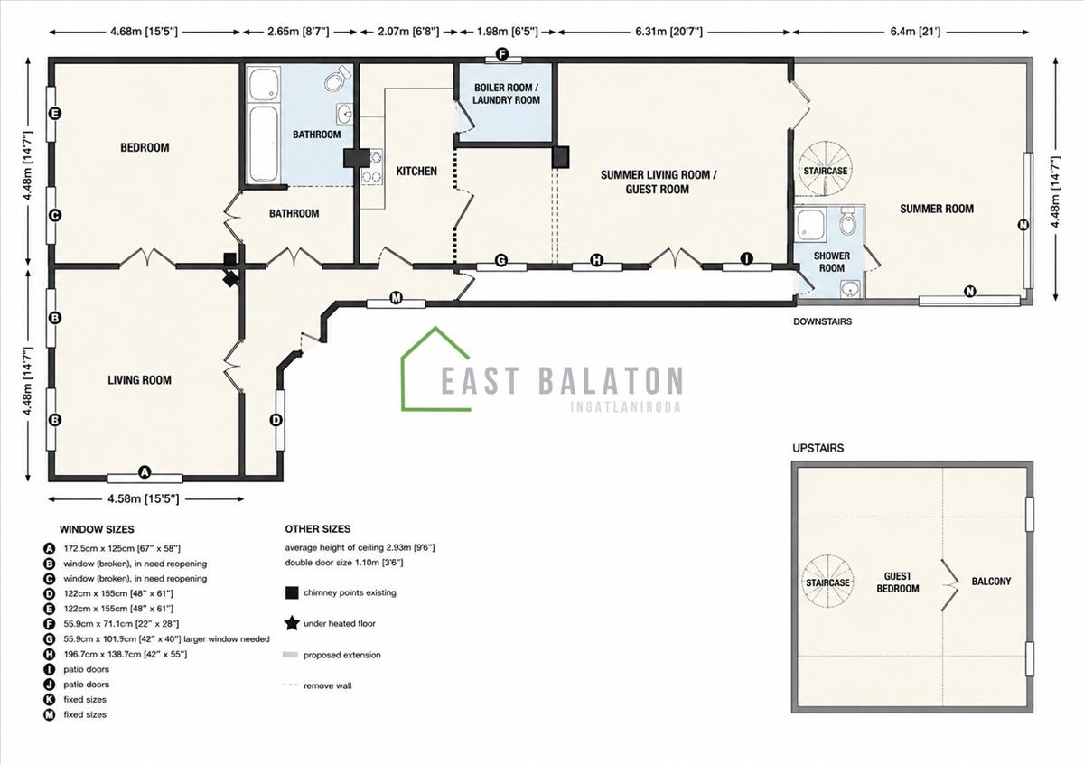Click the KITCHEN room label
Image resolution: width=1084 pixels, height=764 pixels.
(416, 172)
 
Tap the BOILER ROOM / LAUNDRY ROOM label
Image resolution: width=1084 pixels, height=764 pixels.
(506, 94)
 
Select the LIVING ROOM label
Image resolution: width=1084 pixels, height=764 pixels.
(139, 380)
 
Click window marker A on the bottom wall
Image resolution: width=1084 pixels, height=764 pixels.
(145, 472)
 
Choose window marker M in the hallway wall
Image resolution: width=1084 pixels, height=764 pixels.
(396, 298)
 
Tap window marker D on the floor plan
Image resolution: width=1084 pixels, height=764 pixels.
(276, 420)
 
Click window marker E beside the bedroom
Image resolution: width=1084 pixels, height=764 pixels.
(55, 114)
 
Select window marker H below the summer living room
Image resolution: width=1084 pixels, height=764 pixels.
(597, 260)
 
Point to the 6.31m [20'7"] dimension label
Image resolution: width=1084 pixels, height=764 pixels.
(668, 32)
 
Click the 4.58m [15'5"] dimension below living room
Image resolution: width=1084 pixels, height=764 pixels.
(145, 498)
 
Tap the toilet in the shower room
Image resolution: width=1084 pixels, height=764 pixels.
(847, 222)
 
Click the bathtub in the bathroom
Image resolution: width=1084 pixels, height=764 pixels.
(264, 144)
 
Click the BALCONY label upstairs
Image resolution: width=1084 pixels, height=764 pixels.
(991, 581)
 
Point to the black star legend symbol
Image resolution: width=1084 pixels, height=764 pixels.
(292, 623)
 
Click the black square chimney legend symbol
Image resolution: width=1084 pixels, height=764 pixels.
(292, 592)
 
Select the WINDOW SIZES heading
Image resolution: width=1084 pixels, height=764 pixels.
(97, 529)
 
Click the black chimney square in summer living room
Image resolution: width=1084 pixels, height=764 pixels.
(560, 157)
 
